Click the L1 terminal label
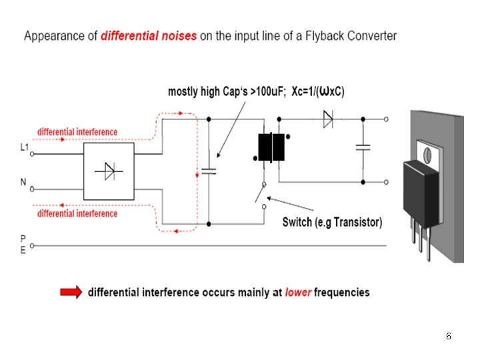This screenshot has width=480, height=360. (x=25, y=147)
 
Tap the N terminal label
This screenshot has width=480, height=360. (x=23, y=182)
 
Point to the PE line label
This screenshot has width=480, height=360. (x=23, y=244)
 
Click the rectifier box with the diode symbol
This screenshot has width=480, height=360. (x=109, y=171)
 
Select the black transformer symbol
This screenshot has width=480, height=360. (x=271, y=147)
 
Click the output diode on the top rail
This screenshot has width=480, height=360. (x=328, y=119)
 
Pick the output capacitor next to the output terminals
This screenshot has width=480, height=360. (x=363, y=147)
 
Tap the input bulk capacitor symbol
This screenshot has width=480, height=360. (x=209, y=171)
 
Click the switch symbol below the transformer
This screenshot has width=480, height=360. (x=261, y=195)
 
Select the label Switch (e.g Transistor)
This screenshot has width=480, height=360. (x=332, y=222)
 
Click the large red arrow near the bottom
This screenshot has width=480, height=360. (x=71, y=292)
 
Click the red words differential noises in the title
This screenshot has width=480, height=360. (x=149, y=36)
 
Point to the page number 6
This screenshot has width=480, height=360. (x=449, y=336)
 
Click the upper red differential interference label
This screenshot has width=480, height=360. (x=77, y=132)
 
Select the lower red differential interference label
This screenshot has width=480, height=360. (x=77, y=213)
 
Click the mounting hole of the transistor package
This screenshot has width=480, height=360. (x=427, y=155)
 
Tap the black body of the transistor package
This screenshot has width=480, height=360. (x=421, y=193)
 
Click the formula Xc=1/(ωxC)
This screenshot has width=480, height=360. (x=318, y=91)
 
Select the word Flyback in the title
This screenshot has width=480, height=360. (x=324, y=36)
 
